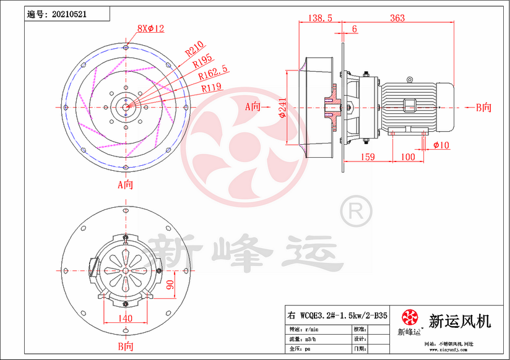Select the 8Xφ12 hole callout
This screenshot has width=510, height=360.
pyautogui.click(x=150, y=28)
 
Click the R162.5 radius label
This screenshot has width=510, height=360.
pyautogui.click(x=212, y=75)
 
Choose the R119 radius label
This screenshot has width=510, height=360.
pyautogui.click(x=213, y=88)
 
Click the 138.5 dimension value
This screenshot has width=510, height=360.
pyautogui.click(x=320, y=19)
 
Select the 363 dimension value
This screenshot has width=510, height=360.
pyautogui.click(x=397, y=19)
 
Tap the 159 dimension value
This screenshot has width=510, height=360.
pyautogui.click(x=368, y=157)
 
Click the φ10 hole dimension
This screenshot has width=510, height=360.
pyautogui.click(x=441, y=145)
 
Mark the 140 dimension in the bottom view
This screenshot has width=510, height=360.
pyautogui.click(x=125, y=318)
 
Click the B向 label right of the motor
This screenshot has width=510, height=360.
pyautogui.click(x=483, y=107)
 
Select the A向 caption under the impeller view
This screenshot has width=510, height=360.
pyautogui.click(x=126, y=184)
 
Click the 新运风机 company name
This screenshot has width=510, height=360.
pyautogui.click(x=460, y=321)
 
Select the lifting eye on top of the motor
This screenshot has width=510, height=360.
pyautogui.click(x=408, y=80)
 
